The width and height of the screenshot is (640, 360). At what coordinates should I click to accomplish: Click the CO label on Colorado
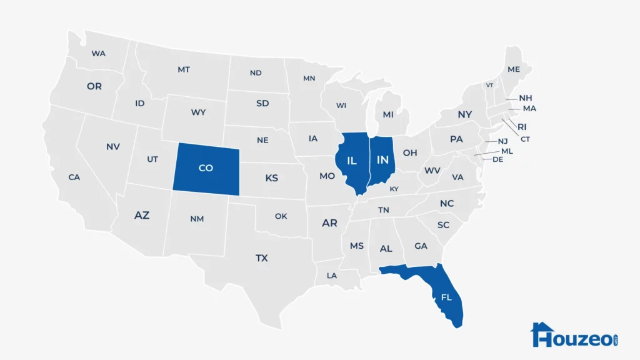206,168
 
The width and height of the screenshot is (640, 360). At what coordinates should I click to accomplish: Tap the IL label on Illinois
352,161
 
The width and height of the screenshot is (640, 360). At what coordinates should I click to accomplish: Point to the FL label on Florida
446,297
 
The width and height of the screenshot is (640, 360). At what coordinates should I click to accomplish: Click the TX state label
261,257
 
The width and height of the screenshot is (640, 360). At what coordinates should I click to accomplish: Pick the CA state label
74,177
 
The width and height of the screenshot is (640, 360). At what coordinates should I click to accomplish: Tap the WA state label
98,53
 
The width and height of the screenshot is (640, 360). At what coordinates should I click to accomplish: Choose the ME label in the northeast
514,69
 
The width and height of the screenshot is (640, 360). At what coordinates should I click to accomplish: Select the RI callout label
522,127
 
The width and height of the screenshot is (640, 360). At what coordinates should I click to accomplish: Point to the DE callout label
498,159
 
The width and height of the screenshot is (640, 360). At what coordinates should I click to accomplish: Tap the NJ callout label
503,141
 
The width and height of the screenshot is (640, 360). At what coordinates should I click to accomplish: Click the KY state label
394,189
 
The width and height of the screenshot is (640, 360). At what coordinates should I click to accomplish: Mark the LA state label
331,276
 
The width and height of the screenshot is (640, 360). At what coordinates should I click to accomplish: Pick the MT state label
183,69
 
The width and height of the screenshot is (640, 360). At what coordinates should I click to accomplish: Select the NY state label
464,115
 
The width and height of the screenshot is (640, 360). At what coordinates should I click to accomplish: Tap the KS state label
271,178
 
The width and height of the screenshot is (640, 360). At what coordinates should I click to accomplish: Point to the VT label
489,86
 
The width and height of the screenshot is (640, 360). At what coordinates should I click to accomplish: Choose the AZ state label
142,215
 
